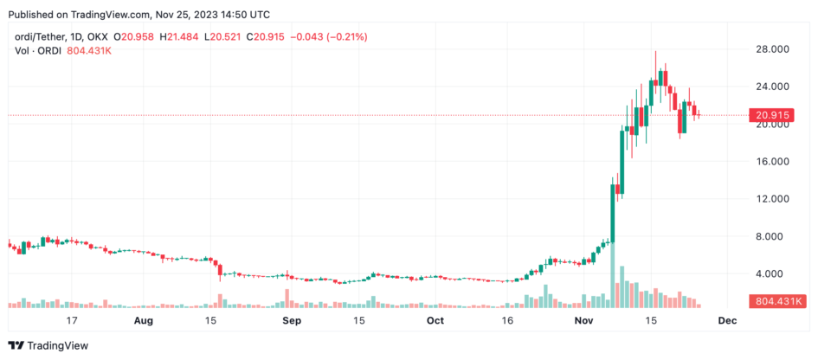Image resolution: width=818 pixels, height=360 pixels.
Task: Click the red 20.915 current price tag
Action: [771, 115]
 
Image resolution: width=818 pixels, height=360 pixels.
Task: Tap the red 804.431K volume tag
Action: [775, 301]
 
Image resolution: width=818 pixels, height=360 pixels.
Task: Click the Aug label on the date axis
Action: [143, 320]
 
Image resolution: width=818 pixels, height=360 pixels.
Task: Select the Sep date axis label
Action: [292, 320]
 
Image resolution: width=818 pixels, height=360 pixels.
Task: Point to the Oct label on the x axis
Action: [435, 320]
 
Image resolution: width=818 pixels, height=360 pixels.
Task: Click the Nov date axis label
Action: [583, 320]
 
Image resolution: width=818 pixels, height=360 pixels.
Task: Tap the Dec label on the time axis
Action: [727, 320]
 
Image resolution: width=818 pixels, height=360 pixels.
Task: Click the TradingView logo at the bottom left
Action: [48, 345]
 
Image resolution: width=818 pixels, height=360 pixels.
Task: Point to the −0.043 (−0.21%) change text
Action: [329, 37]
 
